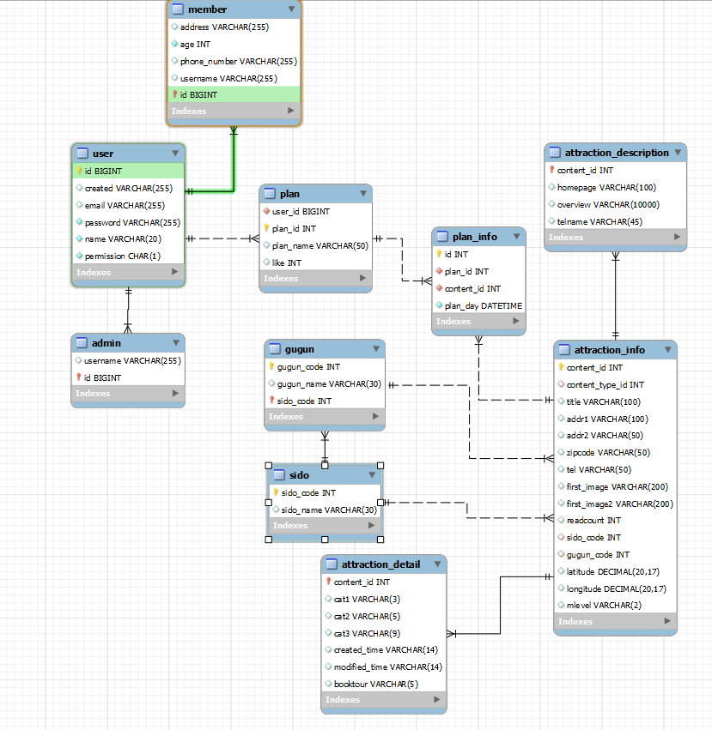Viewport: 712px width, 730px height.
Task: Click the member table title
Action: coord(207,9)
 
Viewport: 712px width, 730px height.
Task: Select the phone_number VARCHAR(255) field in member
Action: coord(238,61)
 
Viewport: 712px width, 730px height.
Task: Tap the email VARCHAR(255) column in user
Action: coord(125,205)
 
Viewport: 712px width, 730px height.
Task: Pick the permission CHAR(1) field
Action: coord(122,256)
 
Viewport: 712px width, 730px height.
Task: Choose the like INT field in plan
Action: coord(287,262)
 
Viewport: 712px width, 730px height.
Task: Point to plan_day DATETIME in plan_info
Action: coord(483,305)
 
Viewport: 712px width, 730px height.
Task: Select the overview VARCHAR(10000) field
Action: coord(607,204)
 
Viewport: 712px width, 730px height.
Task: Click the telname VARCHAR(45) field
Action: coord(599,221)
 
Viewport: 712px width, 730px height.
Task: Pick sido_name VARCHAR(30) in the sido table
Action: coord(329,510)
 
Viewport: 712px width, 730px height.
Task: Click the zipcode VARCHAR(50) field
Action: coord(608,452)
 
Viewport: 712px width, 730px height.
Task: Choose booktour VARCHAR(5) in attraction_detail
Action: coord(375,684)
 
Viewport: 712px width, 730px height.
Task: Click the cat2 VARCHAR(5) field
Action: coord(362,616)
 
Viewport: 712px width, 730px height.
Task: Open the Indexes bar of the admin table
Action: coord(127,394)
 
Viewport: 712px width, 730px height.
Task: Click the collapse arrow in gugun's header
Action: coord(375,349)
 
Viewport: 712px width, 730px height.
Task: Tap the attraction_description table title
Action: coord(617,153)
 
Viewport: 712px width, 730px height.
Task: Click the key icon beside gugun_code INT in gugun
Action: coord(271,366)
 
